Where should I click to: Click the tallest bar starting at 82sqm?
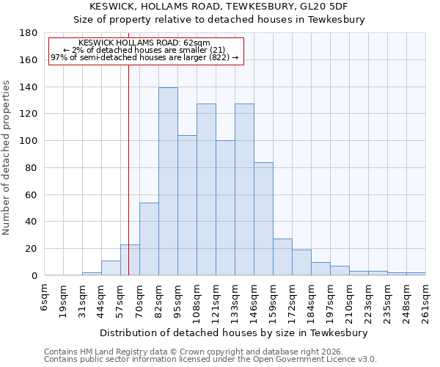click(168, 181)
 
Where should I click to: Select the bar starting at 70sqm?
click(149, 239)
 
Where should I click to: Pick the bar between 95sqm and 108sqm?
click(187, 205)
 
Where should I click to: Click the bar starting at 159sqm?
click(282, 257)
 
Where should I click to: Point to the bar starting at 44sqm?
click(111, 268)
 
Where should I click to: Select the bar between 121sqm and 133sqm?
click(225, 208)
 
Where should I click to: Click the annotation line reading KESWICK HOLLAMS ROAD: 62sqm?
click(144, 43)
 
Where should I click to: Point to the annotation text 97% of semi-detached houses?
click(144, 57)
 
